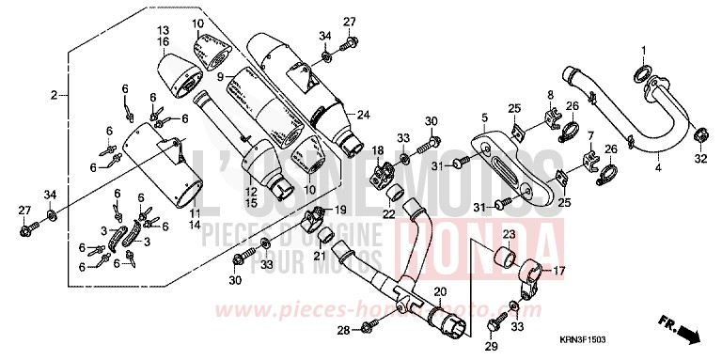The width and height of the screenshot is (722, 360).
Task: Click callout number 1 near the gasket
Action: (x=644, y=50)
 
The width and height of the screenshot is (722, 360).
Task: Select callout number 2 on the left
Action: (x=55, y=95)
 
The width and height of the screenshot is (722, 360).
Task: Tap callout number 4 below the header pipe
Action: (x=658, y=166)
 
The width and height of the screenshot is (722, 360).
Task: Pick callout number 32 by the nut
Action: (x=700, y=160)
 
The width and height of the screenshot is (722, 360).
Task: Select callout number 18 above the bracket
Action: (x=377, y=151)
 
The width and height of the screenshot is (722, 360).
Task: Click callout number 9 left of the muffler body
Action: (x=219, y=76)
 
